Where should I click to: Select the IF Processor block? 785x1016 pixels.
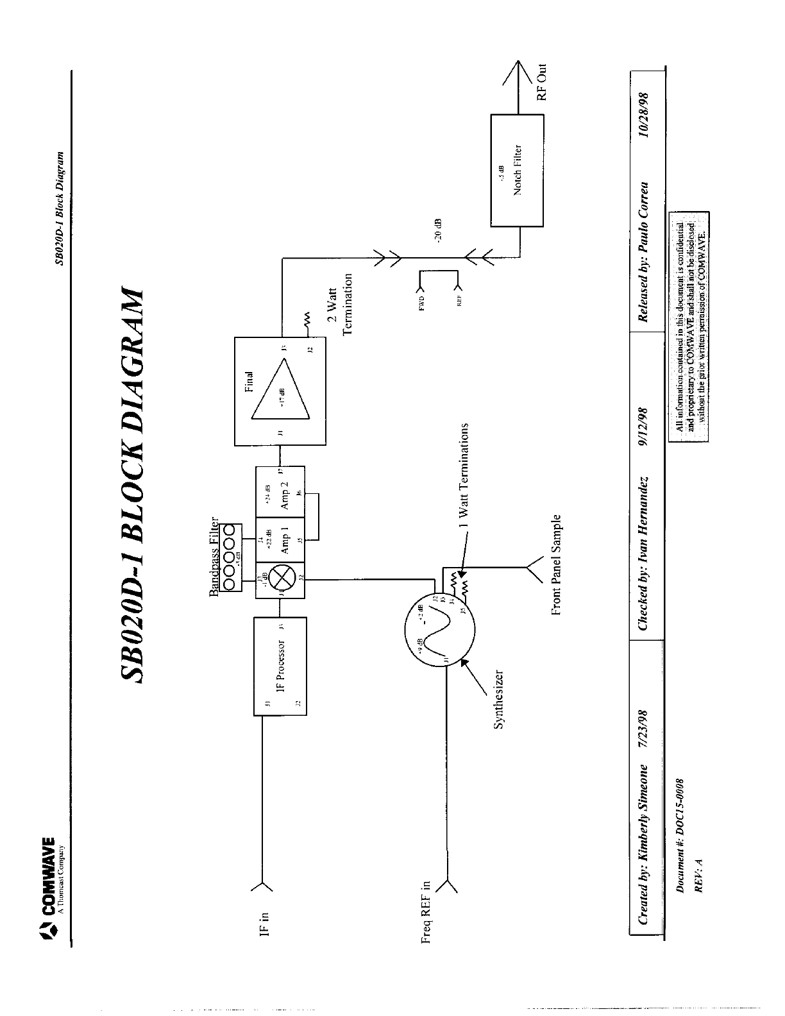point(280,666)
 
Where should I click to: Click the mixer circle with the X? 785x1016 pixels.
point(280,580)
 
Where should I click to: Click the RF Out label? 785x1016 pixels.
point(542,82)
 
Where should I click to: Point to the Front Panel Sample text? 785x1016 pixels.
point(556,564)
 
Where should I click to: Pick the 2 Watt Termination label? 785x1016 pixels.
point(342,304)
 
